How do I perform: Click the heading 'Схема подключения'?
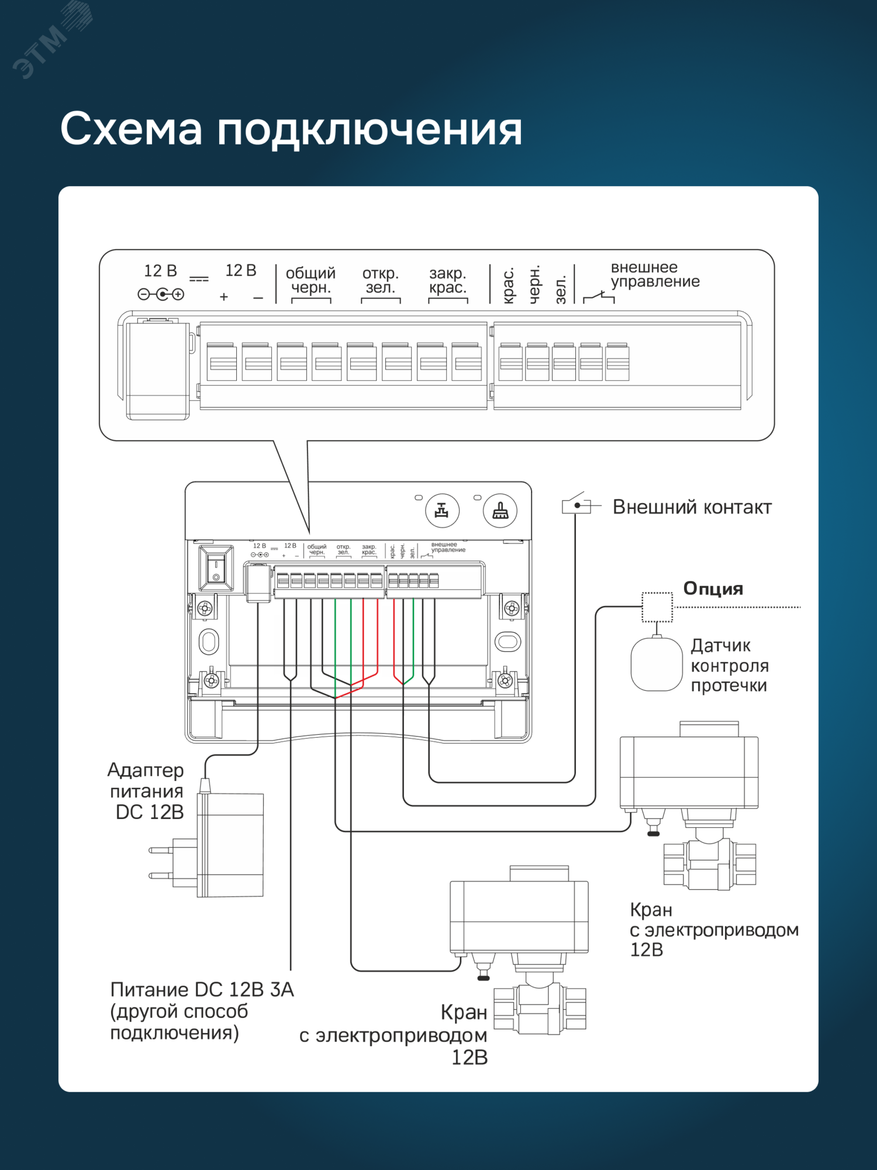291,129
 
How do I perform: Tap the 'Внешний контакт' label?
692,507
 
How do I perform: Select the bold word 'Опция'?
713,589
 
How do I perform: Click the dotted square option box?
657,607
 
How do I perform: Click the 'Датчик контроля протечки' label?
729,666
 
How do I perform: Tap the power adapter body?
231,845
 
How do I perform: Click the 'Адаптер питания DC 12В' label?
147,791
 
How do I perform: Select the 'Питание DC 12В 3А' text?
202,990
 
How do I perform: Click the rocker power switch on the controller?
216,567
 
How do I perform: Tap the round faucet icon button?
442,511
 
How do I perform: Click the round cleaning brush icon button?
500,511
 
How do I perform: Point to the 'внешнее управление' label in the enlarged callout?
655,274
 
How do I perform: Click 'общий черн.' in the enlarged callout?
310,280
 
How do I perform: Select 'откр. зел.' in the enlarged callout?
380,280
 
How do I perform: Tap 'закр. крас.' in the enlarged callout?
448,280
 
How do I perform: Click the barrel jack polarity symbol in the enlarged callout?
161,294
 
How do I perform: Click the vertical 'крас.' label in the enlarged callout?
509,285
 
